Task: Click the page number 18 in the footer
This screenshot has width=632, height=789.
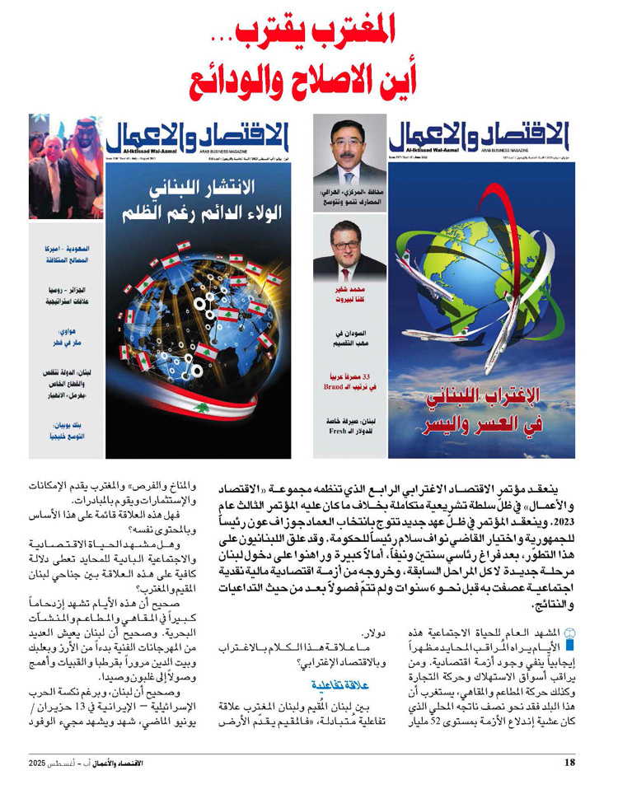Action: [x=569, y=763]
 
